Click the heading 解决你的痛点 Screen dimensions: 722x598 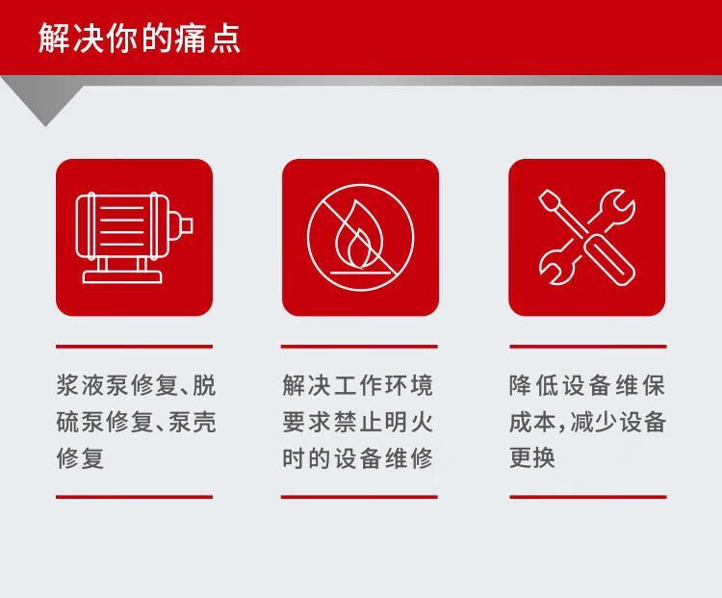[x=139, y=38]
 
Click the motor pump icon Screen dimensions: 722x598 [x=134, y=237]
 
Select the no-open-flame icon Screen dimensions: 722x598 [x=360, y=237]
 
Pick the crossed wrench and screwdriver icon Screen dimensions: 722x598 [x=586, y=237]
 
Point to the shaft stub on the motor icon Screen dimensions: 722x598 [x=186, y=225]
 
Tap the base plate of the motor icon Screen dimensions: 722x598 [x=122, y=277]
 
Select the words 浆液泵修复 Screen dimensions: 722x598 [x=116, y=385]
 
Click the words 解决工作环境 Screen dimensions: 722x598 [x=358, y=385]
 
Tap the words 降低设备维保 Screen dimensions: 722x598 [x=587, y=385]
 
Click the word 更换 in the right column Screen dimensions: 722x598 [x=532, y=457]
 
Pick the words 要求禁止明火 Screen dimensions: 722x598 [x=358, y=422]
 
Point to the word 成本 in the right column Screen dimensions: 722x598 [x=532, y=422]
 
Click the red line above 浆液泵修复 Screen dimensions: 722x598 [x=134, y=347]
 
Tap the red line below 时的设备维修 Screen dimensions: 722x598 [x=359, y=497]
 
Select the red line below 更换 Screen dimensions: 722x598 [x=588, y=497]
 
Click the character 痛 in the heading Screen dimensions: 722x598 [x=189, y=38]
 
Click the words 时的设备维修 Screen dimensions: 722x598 [x=358, y=457]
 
